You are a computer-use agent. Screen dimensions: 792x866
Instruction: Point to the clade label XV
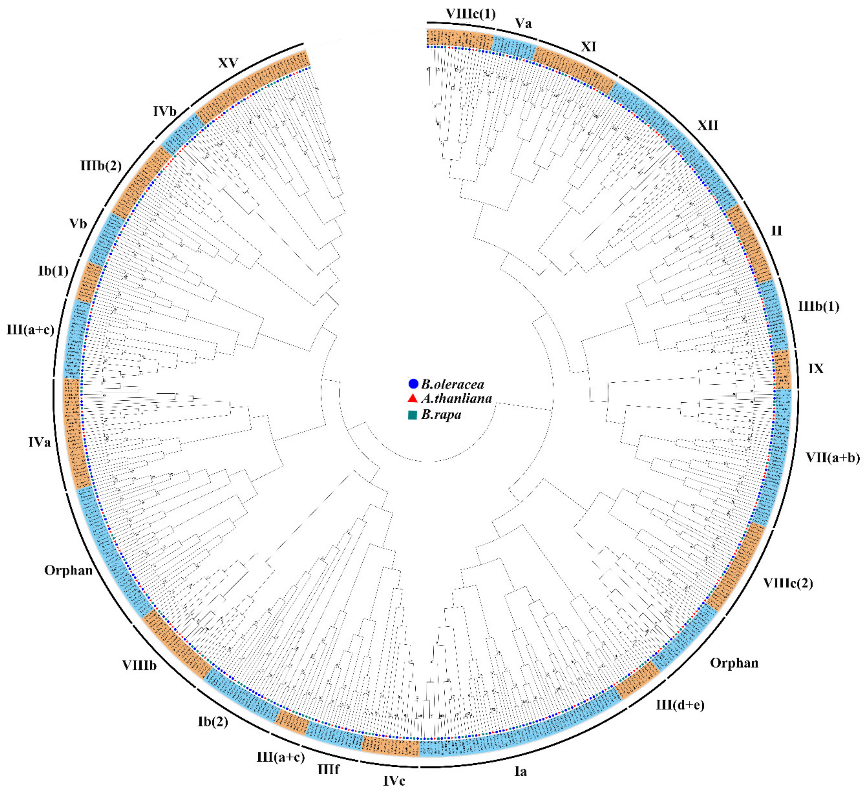coord(228,63)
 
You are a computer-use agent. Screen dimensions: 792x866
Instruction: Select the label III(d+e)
coord(680,705)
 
